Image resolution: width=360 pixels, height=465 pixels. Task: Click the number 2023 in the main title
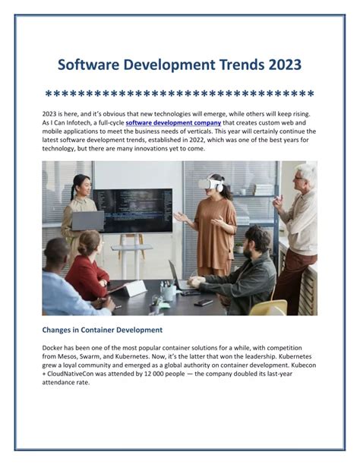click(285, 65)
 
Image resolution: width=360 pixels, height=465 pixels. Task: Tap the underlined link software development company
click(173, 123)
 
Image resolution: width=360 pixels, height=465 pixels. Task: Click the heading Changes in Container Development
click(103, 330)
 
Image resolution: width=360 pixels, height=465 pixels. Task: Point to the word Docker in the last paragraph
click(52, 347)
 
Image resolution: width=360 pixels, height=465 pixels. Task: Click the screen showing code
click(133, 210)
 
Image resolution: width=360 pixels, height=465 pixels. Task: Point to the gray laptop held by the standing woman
click(88, 220)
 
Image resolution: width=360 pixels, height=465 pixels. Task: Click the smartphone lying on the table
click(204, 302)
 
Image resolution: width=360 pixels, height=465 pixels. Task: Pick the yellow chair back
click(268, 307)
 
